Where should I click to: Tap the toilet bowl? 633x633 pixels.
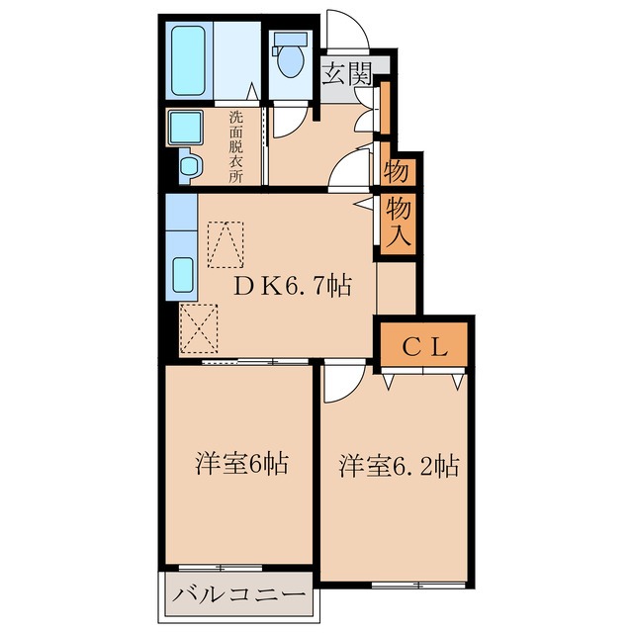(291, 58)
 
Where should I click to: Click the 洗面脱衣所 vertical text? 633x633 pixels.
(236, 146)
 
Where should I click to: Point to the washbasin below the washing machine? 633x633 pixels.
(189, 163)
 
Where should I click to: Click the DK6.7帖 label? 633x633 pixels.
(292, 286)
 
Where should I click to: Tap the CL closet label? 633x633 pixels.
(425, 347)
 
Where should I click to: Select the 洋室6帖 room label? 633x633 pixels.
(241, 462)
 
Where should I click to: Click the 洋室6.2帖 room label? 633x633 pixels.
(399, 465)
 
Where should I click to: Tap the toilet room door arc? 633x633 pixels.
(289, 119)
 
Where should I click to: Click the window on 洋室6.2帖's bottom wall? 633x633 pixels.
(407, 585)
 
